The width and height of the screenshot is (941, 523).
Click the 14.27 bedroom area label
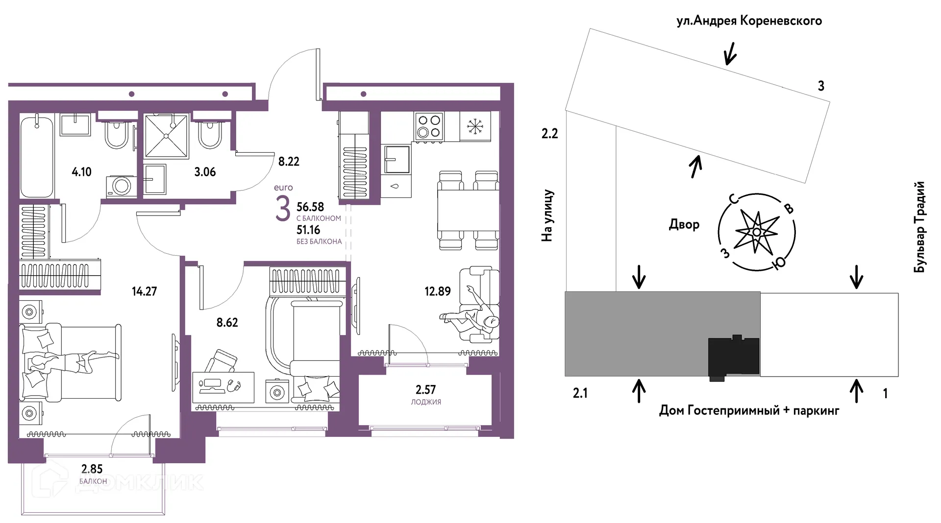click(144, 291)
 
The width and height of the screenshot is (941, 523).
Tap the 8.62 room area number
click(227, 323)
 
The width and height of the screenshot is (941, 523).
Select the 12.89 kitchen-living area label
click(438, 291)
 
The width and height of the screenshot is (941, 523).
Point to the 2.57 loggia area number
click(425, 390)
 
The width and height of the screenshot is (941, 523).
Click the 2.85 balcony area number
click(92, 469)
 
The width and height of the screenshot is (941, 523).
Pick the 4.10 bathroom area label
click(81, 172)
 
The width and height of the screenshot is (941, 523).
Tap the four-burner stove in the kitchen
click(429, 126)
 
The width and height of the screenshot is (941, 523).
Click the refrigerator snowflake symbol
click(474, 126)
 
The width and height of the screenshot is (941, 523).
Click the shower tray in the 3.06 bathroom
click(166, 137)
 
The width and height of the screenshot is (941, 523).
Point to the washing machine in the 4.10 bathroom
click(119, 186)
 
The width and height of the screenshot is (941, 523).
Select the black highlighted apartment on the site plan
click(734, 358)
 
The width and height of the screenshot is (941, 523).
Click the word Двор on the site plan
click(684, 225)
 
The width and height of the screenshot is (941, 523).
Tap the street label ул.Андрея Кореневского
click(749, 21)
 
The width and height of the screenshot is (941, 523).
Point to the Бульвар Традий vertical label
click(919, 227)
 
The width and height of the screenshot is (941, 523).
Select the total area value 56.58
click(310, 207)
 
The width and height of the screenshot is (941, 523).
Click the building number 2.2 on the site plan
click(550, 133)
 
